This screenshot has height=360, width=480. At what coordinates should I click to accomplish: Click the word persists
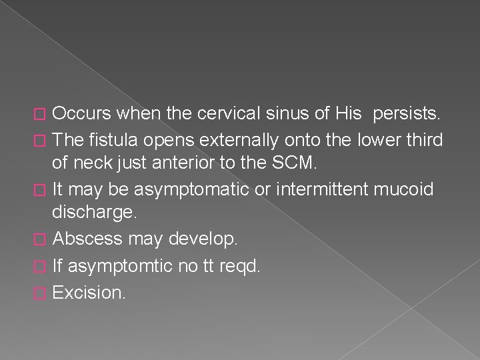coord(407,114)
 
